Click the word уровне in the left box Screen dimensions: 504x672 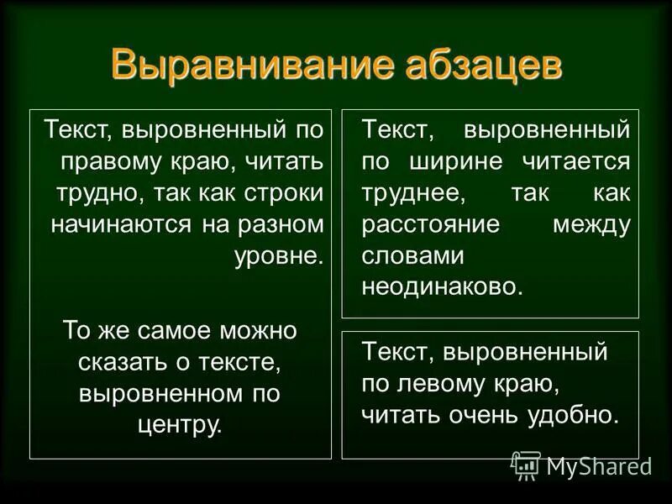(277, 255)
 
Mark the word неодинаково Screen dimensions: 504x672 (442, 286)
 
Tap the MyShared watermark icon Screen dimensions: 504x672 (526, 465)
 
